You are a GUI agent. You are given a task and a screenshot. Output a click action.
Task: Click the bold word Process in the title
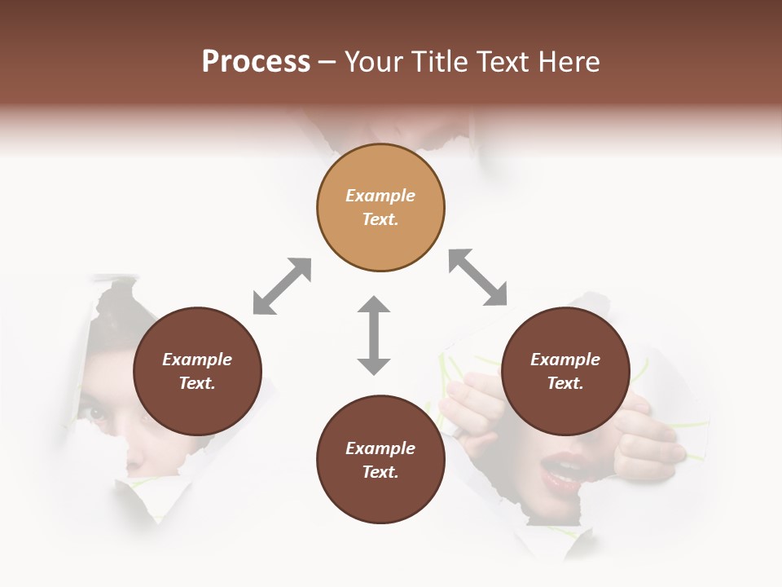coord(256,61)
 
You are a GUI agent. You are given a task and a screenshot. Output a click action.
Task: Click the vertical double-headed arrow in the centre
coord(374,335)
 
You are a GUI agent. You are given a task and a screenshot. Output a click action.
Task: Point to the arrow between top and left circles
coord(282,286)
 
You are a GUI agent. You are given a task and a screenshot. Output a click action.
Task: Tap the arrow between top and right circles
coord(477,277)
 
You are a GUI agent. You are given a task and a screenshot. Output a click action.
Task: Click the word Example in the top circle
coord(380,196)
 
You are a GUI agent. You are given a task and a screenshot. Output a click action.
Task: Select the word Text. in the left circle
coord(197,383)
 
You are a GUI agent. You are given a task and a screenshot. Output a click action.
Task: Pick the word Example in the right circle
coord(565,360)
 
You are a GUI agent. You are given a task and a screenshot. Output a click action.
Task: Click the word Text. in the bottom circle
coord(380,472)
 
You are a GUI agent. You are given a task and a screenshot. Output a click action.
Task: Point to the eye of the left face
coord(98,412)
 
